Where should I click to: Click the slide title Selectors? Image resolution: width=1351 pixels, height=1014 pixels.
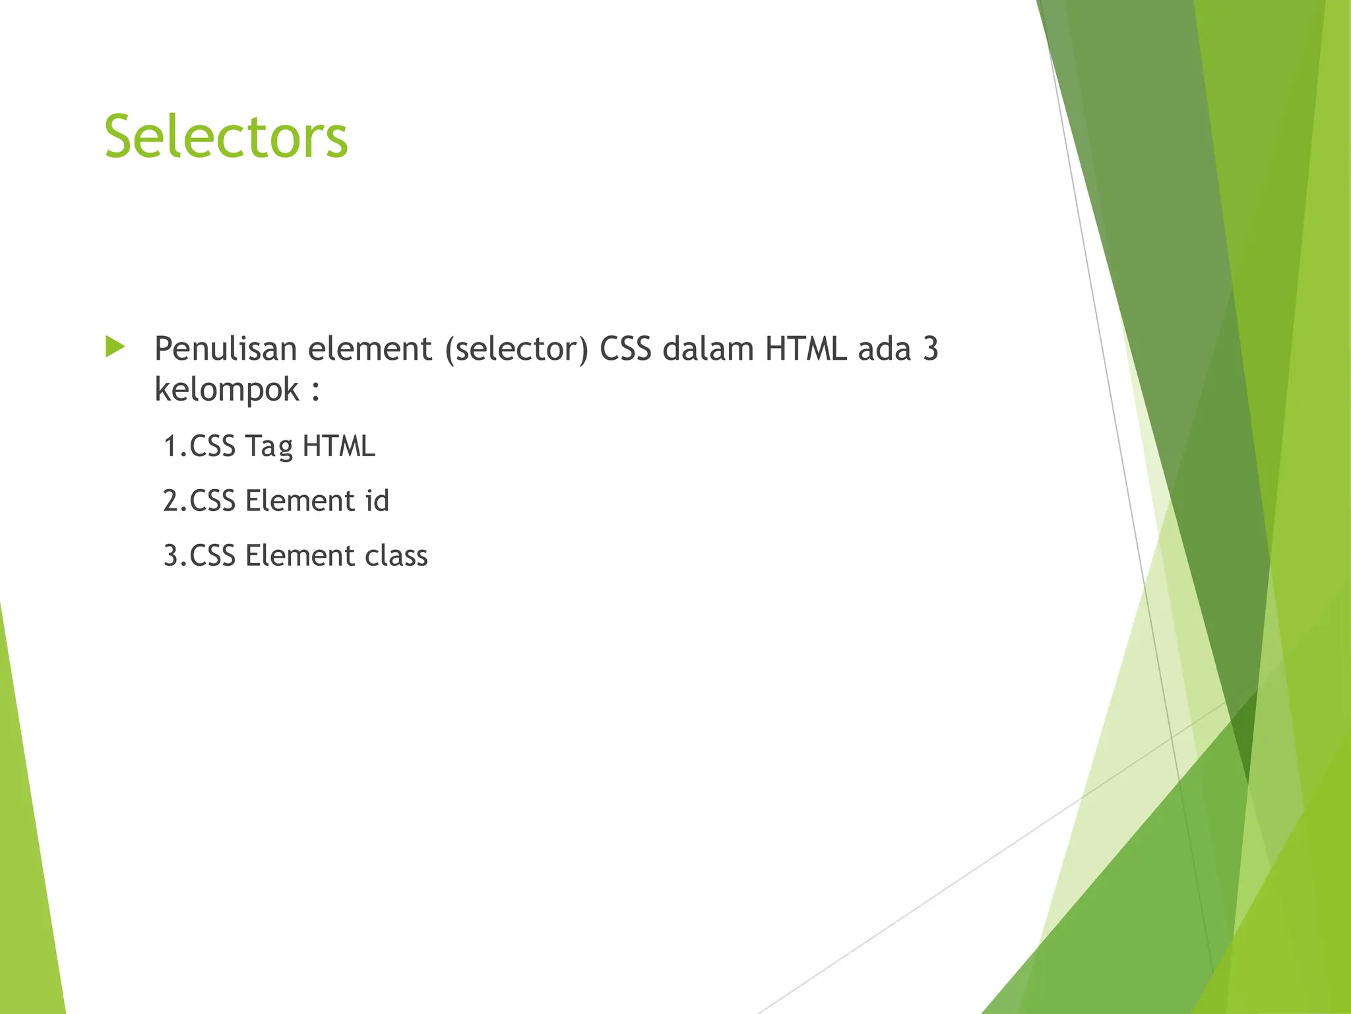coord(226,137)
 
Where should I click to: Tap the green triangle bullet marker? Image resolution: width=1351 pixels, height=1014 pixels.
coord(115,347)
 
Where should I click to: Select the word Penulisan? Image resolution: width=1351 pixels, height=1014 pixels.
coord(225,349)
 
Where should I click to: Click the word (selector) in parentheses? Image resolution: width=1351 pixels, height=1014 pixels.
coord(517,349)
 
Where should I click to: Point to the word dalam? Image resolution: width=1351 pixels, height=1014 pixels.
coord(707,349)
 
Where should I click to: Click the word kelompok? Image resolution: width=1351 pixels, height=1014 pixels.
coord(227,389)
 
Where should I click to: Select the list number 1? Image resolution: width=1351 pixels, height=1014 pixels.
coord(173,446)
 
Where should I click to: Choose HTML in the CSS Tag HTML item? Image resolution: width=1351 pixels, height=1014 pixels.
coord(338,446)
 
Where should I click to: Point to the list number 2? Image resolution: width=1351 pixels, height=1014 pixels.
coord(173,501)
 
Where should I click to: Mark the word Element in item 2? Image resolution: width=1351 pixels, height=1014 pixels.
coord(299,501)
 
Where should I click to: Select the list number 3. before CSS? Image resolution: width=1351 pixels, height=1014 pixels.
coord(173,556)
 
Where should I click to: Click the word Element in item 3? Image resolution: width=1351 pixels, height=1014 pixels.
coord(299,556)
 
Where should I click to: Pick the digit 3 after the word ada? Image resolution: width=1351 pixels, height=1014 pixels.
coord(930,349)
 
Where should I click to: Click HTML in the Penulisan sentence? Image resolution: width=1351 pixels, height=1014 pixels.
coord(805,349)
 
